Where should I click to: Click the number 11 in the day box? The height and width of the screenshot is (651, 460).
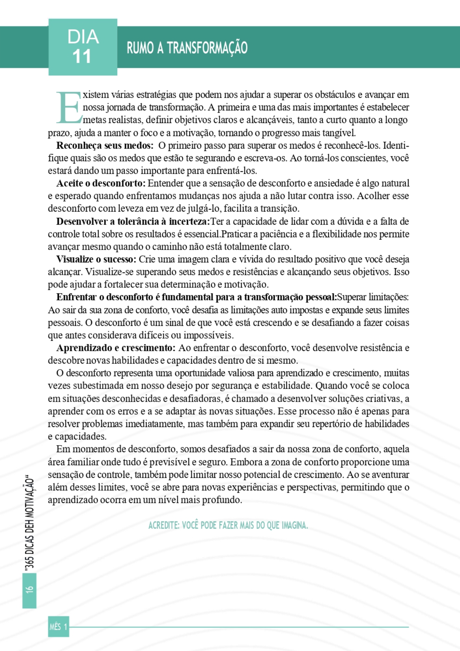[82, 57]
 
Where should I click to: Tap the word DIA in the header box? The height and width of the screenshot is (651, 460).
[83, 37]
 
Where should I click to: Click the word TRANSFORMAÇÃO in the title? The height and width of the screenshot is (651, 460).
[207, 48]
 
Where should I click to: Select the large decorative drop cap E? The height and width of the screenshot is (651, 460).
[68, 107]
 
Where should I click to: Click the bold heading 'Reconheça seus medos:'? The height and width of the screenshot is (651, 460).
[105, 145]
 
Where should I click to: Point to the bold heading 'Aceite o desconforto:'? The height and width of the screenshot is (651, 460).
[101, 184]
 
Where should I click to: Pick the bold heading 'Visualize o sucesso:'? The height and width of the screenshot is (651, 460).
[96, 259]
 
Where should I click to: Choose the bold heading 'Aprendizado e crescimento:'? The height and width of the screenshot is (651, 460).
[116, 348]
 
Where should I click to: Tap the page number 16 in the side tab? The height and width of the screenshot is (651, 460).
[29, 589]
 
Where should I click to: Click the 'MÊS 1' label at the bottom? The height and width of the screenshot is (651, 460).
[59, 626]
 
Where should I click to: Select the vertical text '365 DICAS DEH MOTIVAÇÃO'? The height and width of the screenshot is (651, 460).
[30, 524]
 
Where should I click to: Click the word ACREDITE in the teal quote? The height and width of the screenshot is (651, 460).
[163, 525]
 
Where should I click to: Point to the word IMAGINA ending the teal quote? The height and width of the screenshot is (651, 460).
[295, 525]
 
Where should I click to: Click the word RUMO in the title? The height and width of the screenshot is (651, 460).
[140, 48]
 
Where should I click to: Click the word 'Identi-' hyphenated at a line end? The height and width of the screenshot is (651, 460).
[396, 145]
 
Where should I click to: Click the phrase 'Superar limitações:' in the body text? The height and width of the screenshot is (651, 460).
[373, 297]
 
